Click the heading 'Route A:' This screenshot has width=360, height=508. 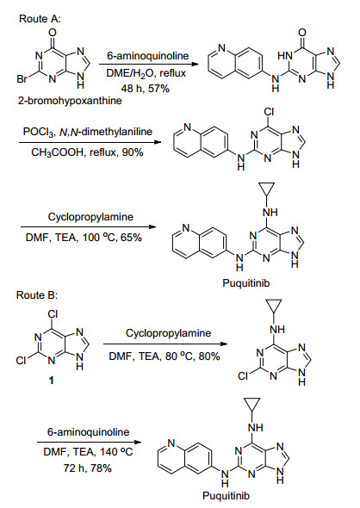coord(40,18)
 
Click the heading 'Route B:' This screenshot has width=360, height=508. coord(37,295)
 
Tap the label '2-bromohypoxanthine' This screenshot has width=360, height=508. coord(70,101)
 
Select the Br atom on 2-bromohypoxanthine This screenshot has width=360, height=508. coord(22,79)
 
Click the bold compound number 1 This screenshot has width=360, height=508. coord(51,380)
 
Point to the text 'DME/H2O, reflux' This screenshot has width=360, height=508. coord(146,73)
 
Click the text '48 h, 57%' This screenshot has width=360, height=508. coord(146,89)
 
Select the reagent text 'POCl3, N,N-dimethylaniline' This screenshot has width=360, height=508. coord(88,132)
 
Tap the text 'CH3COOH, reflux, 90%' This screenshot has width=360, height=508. coord(87,152)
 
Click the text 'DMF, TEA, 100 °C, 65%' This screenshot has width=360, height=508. coord(84,238)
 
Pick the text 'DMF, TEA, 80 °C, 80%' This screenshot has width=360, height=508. coord(164,356)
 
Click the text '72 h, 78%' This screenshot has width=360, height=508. coord(88,468)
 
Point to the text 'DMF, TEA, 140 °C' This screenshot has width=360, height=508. coord(88,452)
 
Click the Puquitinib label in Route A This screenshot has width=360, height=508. coord(246,282)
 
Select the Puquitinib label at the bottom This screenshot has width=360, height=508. coord(226,496)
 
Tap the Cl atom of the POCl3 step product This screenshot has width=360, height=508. coord(269,112)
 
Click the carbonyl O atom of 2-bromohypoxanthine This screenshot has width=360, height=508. coord(53,33)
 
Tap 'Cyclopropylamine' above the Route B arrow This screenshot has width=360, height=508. coord(169,333)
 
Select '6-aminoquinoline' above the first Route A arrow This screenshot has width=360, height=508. coord(148,56)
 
